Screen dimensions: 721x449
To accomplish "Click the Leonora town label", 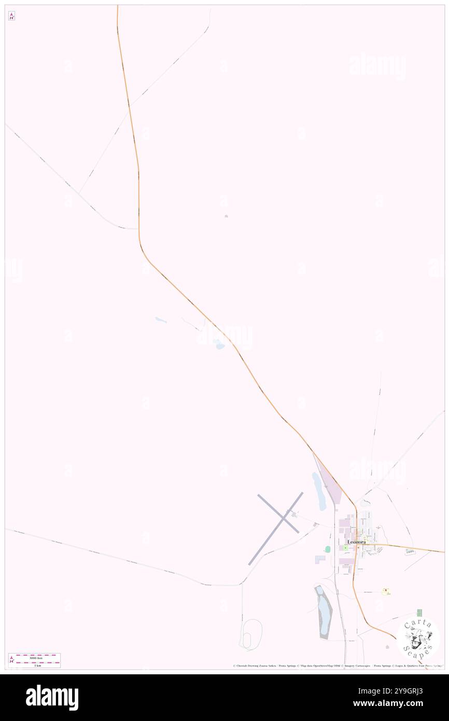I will (x=356, y=542).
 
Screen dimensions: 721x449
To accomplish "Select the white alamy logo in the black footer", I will (x=52, y=697).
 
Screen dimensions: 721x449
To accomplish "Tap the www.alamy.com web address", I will (x=397, y=704).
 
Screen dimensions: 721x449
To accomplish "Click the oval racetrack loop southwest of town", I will (x=251, y=634).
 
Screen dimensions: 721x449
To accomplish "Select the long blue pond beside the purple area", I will (x=318, y=491).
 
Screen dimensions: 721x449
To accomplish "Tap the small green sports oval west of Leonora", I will (x=328, y=549).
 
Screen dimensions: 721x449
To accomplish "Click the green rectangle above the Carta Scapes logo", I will (x=419, y=613).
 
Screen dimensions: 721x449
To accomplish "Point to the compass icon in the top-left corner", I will (x=11, y=16).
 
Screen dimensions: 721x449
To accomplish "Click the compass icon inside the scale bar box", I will (x=12, y=660).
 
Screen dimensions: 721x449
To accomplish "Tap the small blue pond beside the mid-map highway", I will (x=219, y=344).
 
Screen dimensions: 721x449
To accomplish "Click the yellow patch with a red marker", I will (x=386, y=591).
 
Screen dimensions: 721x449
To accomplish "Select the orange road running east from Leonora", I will (x=404, y=547).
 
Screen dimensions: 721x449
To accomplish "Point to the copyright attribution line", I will (x=337, y=666).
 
